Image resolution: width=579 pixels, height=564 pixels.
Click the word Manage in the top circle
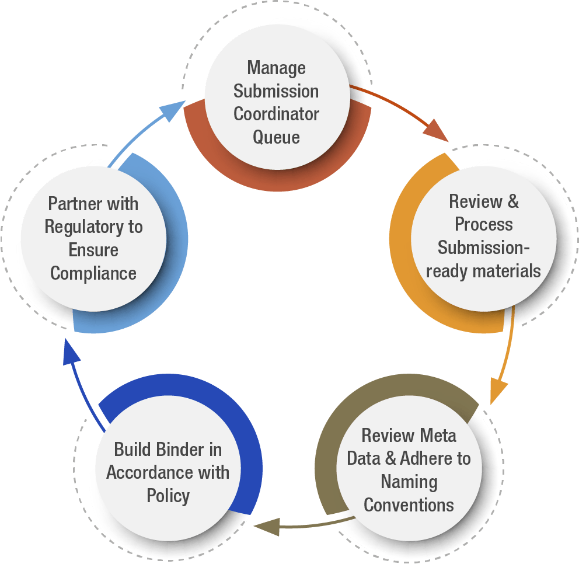click(276, 68)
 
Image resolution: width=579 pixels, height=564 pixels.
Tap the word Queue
click(276, 137)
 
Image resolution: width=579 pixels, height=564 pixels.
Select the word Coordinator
click(276, 114)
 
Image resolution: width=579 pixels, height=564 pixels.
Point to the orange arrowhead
click(498, 391)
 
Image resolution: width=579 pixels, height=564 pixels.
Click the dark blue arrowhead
click(71, 353)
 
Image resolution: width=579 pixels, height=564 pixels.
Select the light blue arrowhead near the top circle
click(172, 111)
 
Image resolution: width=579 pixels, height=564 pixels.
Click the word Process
click(484, 225)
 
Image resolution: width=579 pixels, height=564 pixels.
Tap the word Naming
click(409, 482)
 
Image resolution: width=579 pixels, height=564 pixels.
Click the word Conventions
click(409, 504)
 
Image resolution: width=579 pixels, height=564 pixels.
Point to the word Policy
click(168, 496)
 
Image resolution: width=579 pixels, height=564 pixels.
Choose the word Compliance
click(93, 273)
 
